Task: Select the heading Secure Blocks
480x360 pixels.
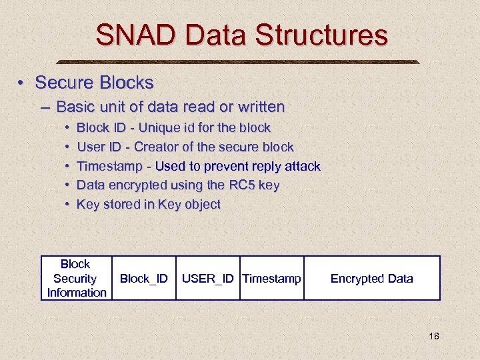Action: pyautogui.click(x=94, y=83)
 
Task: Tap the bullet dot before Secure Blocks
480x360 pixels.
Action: pyautogui.click(x=22, y=83)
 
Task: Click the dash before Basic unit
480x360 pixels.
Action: pyautogui.click(x=45, y=107)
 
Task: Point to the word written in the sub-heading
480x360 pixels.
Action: pyautogui.click(x=259, y=107)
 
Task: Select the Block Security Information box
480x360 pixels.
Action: pyautogui.click(x=76, y=278)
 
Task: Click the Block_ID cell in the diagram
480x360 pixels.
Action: pyautogui.click(x=143, y=279)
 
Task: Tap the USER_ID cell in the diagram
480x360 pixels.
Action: pyautogui.click(x=207, y=279)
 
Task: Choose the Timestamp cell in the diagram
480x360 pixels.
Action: pyautogui.click(x=271, y=279)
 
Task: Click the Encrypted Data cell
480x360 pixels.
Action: pyautogui.click(x=371, y=279)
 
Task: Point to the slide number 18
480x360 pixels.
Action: pyautogui.click(x=433, y=336)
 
